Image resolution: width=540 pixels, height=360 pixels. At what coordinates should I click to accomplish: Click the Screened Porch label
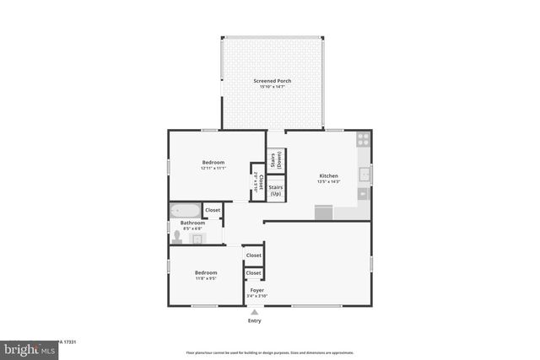coord(273,81)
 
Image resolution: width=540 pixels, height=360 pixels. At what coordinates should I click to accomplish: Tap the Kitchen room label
coord(327,176)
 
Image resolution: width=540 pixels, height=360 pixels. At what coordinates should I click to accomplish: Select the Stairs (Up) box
coord(275,190)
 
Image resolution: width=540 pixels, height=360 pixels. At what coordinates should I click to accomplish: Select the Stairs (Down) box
coord(275,159)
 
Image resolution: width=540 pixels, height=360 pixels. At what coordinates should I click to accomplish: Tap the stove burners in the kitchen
coord(363,140)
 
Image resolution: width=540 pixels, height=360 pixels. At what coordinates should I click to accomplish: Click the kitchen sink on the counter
coord(364,175)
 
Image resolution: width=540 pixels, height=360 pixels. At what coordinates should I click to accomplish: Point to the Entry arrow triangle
coord(254,312)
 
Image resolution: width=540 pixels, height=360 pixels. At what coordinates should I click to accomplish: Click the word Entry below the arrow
coord(254,320)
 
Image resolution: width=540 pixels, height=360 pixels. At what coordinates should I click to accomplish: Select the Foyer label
coord(256,290)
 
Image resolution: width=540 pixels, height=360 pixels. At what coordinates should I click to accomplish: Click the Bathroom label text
coord(192,223)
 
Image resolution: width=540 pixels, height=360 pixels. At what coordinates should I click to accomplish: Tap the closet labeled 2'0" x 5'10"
coord(257,182)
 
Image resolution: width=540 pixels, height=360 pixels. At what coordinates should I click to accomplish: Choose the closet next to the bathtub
coord(213,210)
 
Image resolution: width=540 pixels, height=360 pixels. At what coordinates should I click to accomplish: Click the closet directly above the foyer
coord(253,273)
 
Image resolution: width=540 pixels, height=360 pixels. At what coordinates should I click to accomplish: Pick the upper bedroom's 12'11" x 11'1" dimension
coord(213,168)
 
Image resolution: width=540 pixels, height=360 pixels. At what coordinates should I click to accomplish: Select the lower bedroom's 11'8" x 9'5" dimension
coord(206,278)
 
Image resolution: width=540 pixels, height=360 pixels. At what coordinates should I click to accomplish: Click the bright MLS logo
coord(25,349)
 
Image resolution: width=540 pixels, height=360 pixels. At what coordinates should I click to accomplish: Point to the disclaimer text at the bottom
coord(270,352)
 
